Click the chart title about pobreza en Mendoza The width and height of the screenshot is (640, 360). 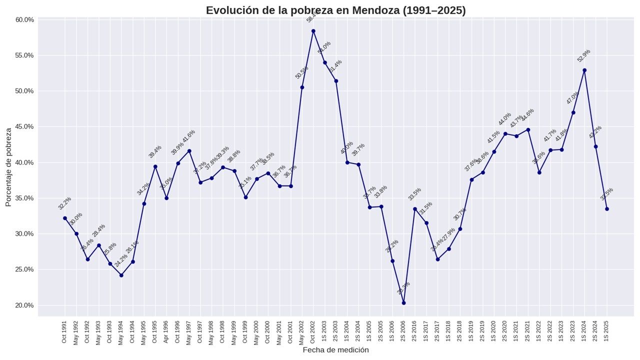coord(335,10)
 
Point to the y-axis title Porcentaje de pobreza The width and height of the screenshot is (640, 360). coord(8,167)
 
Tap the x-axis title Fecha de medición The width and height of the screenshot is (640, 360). coord(335,350)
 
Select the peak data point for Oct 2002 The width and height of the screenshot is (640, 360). coord(313,31)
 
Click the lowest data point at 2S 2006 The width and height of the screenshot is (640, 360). coord(403,303)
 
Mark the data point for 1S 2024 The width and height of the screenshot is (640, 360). coord(584,70)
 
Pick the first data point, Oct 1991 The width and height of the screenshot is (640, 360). coord(65,218)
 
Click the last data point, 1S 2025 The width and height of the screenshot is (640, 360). coord(607,209)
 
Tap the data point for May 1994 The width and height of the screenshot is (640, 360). coord(121,275)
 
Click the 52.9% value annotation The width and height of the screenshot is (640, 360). coord(583,55)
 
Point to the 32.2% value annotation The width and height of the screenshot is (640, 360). coord(64,203)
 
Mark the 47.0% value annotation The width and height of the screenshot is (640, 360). coord(572,97)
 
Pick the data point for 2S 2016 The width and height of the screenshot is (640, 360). coord(415,209)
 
